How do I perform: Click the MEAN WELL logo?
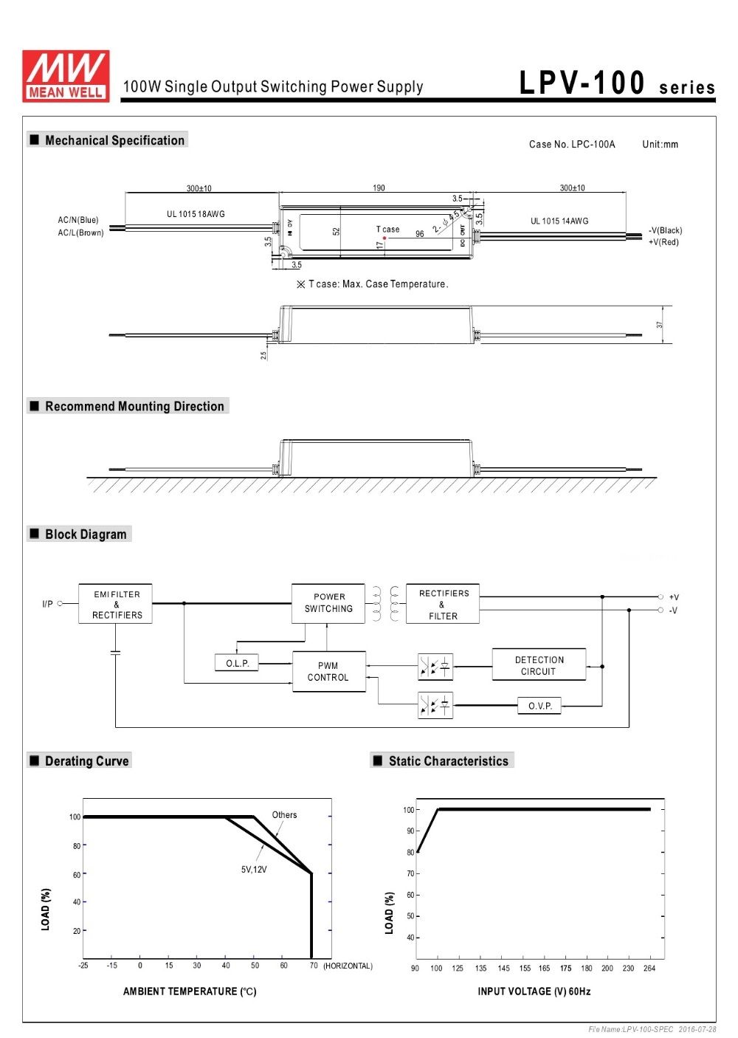tap(66, 76)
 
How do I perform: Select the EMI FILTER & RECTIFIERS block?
tap(115, 604)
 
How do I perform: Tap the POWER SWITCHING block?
tap(328, 603)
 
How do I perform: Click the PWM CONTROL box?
tap(329, 672)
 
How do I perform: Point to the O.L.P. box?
tap(237, 663)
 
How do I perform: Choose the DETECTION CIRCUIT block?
tap(539, 665)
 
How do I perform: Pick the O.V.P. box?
tap(539, 706)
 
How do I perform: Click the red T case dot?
tap(384, 238)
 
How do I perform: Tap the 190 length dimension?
tap(379, 188)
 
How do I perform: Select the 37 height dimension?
tap(659, 325)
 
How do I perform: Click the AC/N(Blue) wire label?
tap(77, 220)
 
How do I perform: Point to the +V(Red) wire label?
tap(663, 242)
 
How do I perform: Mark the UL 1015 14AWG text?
tap(559, 221)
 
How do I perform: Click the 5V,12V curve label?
tap(254, 870)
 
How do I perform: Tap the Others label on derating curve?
tap(284, 815)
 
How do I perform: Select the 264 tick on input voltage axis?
tap(649, 968)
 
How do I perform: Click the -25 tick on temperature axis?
tap(83, 965)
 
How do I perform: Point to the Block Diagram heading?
tap(86, 535)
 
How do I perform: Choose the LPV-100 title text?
tap(582, 83)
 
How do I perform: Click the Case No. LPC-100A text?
tap(572, 144)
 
